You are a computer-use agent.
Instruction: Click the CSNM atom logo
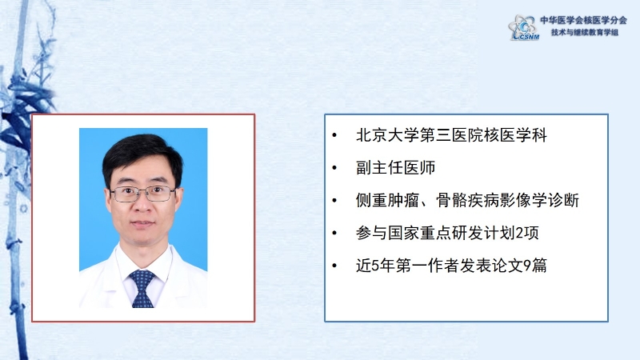[x=524, y=27]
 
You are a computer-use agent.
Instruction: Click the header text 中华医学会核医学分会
[x=583, y=20]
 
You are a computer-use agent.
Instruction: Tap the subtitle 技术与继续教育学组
[x=585, y=32]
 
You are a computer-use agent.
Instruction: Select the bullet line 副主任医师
[x=395, y=167]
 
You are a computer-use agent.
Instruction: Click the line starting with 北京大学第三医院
[x=451, y=135]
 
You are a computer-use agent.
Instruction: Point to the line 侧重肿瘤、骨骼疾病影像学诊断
[x=467, y=200]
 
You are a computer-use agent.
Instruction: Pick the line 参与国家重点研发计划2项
[x=447, y=233]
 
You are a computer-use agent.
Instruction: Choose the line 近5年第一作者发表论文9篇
[x=451, y=266]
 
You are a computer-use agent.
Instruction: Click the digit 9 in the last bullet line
[x=527, y=266]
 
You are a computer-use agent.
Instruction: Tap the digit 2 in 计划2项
[x=519, y=233]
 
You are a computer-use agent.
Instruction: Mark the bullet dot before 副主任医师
[x=334, y=168]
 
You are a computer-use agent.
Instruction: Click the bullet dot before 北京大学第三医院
[x=334, y=135]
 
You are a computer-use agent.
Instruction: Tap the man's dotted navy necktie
[x=142, y=288]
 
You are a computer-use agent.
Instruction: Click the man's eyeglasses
[x=143, y=194]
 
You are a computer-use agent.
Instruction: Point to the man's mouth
[x=143, y=224]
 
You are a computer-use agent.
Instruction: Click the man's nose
[x=143, y=205]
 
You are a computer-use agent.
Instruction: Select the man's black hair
[x=142, y=157]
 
